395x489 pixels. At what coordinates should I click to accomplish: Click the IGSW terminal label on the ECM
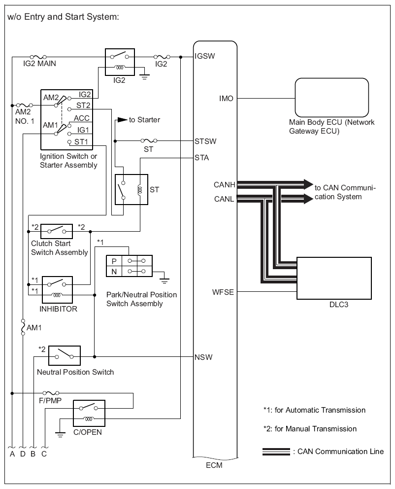[x=205, y=56]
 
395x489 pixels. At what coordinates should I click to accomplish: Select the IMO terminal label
[x=226, y=99]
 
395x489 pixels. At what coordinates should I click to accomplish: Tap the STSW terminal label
[x=205, y=141]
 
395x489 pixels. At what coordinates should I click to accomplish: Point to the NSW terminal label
[x=203, y=357]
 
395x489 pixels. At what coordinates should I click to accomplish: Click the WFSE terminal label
[x=223, y=292]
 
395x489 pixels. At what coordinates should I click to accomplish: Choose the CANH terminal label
[x=224, y=185]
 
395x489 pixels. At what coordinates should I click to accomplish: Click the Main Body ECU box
[x=332, y=98]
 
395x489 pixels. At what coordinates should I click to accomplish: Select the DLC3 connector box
[x=334, y=278]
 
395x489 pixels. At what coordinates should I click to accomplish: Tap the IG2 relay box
[x=120, y=62]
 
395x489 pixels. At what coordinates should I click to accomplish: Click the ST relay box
[x=132, y=190]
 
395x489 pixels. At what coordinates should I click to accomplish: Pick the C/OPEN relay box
[x=89, y=413]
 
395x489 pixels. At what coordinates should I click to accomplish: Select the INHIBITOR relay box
[x=57, y=290]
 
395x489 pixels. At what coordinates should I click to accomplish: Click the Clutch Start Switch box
[x=57, y=231]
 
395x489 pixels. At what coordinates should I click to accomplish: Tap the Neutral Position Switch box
[x=65, y=355]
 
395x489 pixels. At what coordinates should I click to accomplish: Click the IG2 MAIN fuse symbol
[x=38, y=57]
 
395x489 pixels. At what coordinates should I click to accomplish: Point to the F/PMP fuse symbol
[x=51, y=393]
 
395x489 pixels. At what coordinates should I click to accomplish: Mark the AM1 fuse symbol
[x=23, y=327]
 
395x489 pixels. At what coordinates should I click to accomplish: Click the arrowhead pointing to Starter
[x=123, y=120]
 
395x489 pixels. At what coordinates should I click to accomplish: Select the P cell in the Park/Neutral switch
[x=114, y=261]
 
